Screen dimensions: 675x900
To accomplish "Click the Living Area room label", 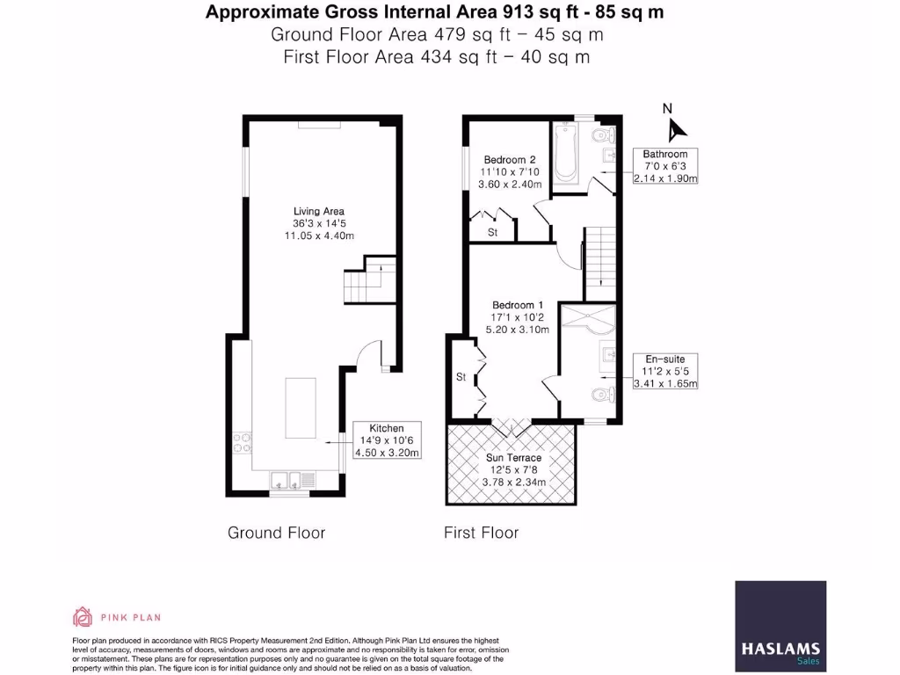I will pos(318,223).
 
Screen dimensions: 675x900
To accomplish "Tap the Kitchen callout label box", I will pos(387,440).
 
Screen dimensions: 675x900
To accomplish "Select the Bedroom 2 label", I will pos(502,171).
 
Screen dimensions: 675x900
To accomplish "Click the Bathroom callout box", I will pos(665,166).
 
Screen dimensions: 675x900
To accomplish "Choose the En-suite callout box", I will pos(665,371).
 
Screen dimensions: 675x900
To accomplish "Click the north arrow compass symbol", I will pos(673,128).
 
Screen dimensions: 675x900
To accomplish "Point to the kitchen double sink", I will pos(288,479).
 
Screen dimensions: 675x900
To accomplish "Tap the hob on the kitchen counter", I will pos(241,443).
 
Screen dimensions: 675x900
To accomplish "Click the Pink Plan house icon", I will pos(83,617).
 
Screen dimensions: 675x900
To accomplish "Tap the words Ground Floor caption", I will pos(276,533).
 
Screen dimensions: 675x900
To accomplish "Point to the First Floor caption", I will pos(481,533).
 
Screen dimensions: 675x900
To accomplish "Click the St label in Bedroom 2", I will pos(492,233).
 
